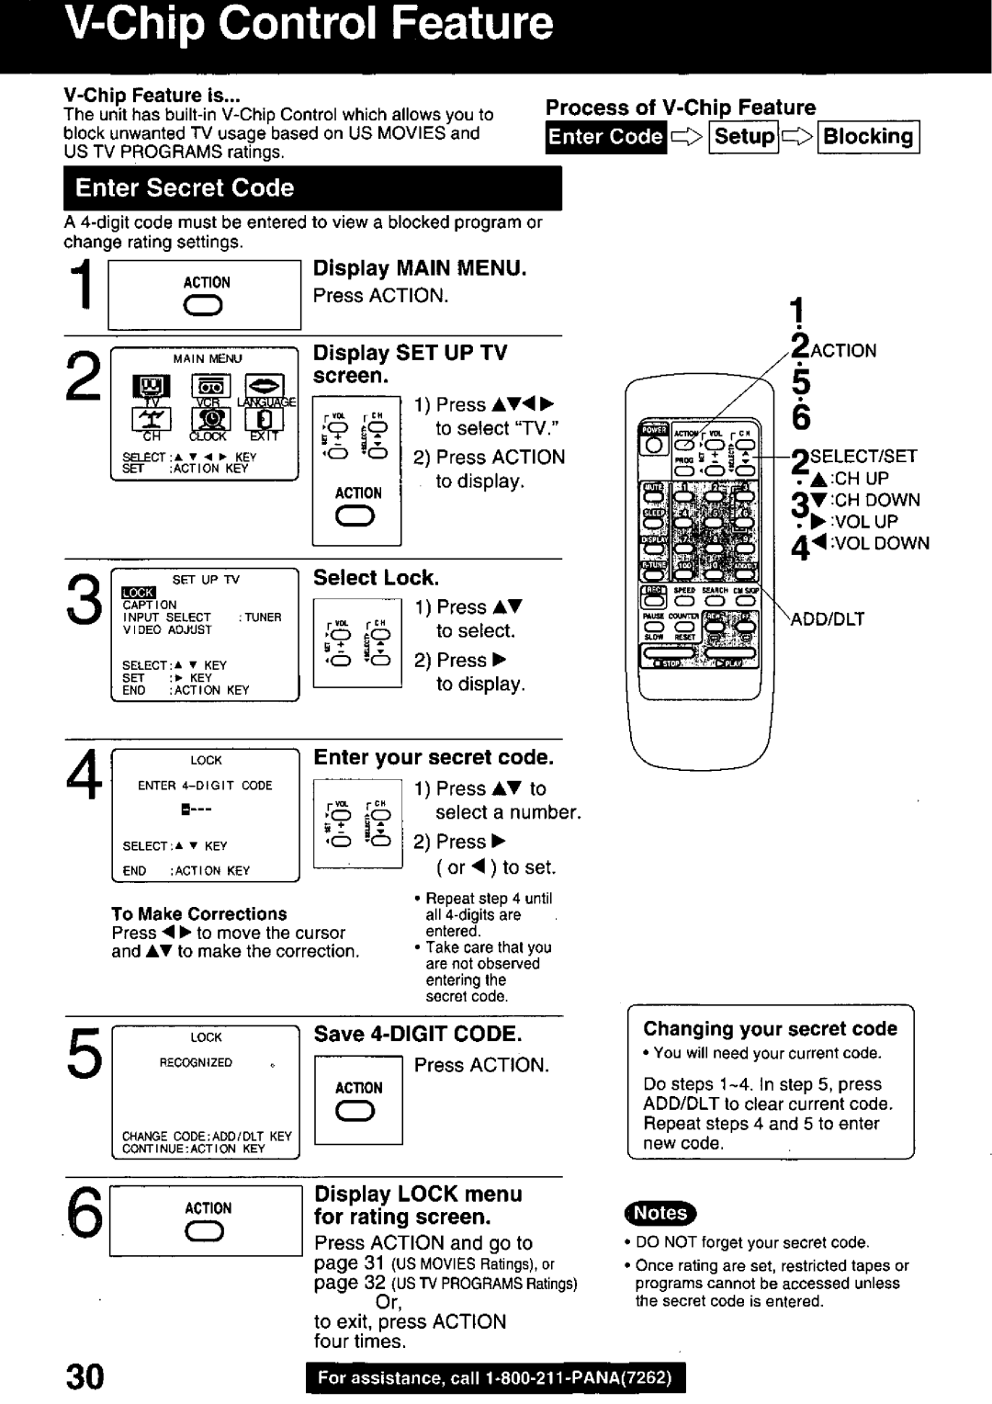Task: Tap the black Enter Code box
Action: (x=605, y=137)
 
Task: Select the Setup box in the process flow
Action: (x=745, y=137)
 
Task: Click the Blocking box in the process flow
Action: (x=868, y=137)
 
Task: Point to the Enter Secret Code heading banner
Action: (x=185, y=188)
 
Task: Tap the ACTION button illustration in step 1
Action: (x=206, y=309)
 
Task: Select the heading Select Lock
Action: (x=376, y=578)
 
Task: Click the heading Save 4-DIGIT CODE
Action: (x=418, y=1034)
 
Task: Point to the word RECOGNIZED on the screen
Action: (x=196, y=1063)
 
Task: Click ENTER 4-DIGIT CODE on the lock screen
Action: (x=205, y=786)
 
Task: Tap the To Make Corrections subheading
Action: (x=198, y=914)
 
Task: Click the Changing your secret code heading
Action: (x=770, y=1029)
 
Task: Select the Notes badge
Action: (x=660, y=1213)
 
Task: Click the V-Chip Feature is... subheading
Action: (x=152, y=96)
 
